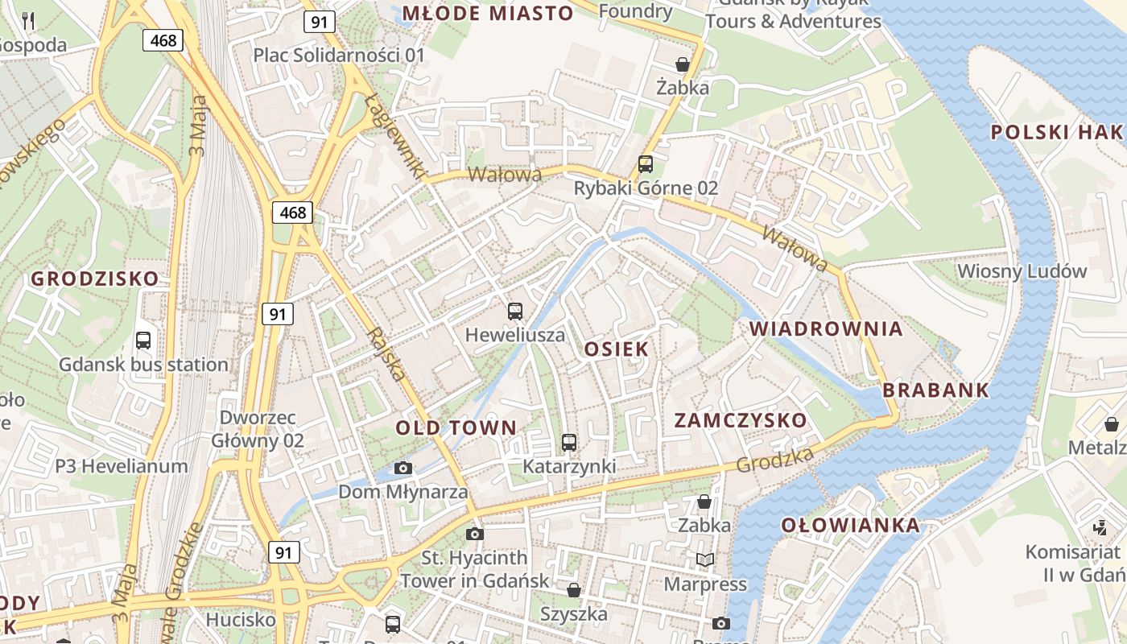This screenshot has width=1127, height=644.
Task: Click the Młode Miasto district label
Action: coord(488,14)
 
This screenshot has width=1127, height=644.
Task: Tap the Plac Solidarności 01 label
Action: coord(338,56)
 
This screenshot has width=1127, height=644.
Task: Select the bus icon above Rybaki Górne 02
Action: coord(646,164)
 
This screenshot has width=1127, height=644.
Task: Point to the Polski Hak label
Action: coord(1056,133)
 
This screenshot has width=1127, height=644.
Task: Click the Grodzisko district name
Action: coord(95,279)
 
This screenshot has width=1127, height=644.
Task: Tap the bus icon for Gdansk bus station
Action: coord(143,340)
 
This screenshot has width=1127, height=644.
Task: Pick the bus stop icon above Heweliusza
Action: coord(515,311)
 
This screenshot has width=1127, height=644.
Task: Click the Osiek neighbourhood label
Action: coord(617,349)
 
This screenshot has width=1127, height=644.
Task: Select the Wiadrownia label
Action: coord(826,328)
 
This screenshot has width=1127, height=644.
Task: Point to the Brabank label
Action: coord(935,390)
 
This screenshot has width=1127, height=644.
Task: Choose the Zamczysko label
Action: coord(740,420)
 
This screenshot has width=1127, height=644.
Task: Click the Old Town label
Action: coord(456,427)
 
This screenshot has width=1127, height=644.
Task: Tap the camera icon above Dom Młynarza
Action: coord(403,468)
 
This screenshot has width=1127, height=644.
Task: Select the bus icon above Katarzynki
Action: coord(569,442)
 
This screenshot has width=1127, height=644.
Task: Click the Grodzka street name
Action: coord(774,460)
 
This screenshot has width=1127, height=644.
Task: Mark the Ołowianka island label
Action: coord(850,526)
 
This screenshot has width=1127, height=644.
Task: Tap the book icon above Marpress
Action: coord(705,559)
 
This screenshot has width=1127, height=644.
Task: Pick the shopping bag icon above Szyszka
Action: coord(574,591)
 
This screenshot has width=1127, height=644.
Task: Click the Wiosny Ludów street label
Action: coord(1022,271)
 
